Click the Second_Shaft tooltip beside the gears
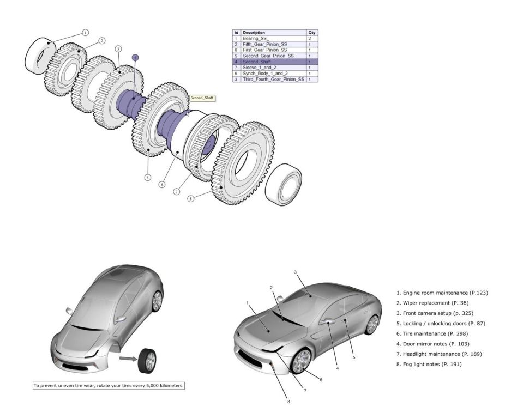tap(202, 98)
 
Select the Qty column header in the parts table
tap(312, 33)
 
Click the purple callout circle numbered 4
tap(135, 57)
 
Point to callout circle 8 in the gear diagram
tap(190, 199)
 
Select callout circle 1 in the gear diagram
tap(86, 33)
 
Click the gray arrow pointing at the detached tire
tap(128, 359)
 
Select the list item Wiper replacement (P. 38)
tap(432, 303)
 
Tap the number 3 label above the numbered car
tap(295, 271)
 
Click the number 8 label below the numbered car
tap(288, 402)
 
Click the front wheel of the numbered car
tap(301, 361)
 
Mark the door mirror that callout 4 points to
tap(329, 322)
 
